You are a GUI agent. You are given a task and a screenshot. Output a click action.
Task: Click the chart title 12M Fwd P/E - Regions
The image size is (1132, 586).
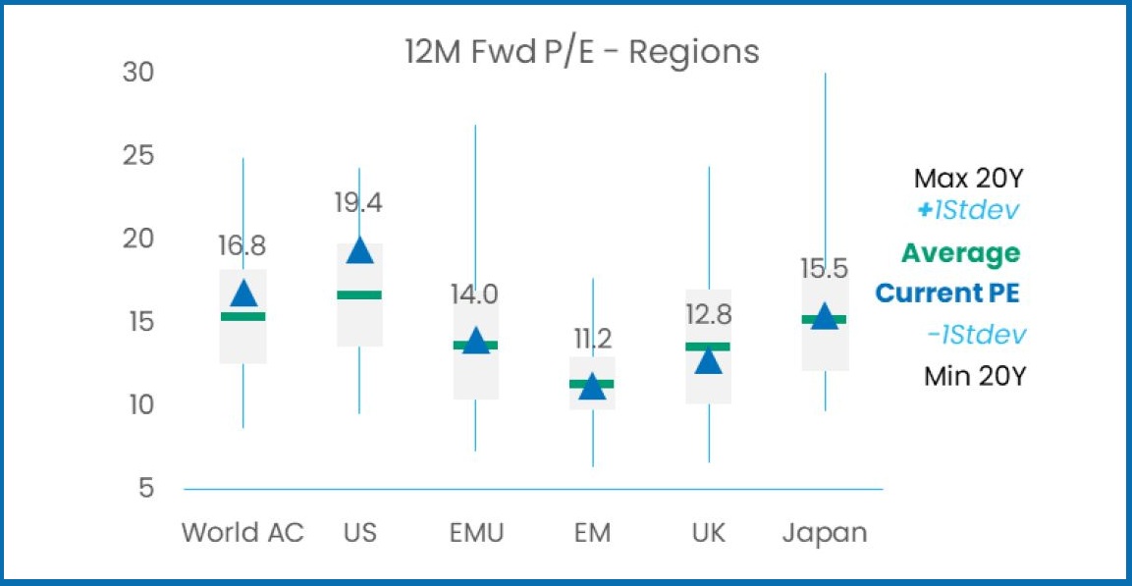tap(582, 51)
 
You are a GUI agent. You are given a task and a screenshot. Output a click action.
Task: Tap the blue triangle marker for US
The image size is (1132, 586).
tap(360, 251)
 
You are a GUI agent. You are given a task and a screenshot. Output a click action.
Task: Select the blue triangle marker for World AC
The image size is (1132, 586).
tap(243, 293)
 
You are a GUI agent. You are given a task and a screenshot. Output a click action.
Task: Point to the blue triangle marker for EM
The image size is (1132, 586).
tap(592, 387)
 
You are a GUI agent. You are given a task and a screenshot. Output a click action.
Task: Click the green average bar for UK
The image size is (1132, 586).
tap(708, 346)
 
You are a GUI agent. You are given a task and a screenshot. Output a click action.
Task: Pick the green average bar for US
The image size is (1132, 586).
tap(359, 294)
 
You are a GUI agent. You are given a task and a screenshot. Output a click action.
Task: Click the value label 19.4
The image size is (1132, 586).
tap(358, 203)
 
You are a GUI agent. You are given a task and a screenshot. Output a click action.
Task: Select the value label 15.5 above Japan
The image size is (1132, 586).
tap(824, 269)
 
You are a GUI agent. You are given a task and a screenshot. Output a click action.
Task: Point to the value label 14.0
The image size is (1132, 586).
tap(475, 294)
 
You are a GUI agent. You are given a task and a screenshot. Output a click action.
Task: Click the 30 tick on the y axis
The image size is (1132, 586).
tap(138, 73)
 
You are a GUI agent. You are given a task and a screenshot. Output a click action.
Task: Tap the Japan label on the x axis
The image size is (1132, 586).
tap(825, 533)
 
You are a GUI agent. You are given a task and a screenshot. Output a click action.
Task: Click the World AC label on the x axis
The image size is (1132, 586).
tap(243, 533)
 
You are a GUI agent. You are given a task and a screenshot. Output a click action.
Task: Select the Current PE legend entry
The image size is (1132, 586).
tap(946, 293)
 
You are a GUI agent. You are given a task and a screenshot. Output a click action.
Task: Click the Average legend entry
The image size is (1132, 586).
tap(960, 253)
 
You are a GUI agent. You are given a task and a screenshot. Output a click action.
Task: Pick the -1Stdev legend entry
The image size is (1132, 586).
tap(976, 335)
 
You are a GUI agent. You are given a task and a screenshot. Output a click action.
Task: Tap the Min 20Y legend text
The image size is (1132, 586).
tap(974, 375)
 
